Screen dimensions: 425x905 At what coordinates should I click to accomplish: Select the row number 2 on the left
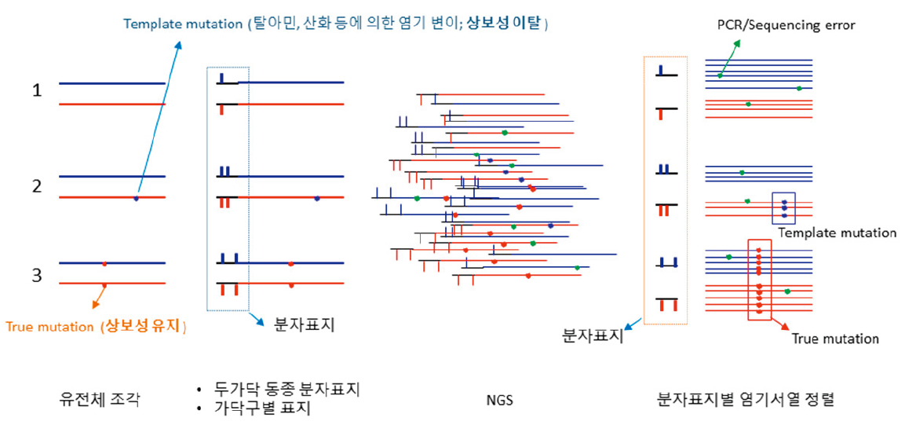pyautogui.click(x=37, y=187)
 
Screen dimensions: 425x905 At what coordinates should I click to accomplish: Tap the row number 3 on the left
pyautogui.click(x=37, y=276)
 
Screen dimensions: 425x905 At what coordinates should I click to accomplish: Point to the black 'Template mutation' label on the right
pyautogui.click(x=837, y=233)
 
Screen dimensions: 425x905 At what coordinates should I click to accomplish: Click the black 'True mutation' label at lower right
pyautogui.click(x=835, y=339)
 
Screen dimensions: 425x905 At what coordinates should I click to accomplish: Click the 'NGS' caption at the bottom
pyautogui.click(x=499, y=400)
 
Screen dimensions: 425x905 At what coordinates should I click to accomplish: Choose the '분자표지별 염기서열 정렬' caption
pyautogui.click(x=745, y=399)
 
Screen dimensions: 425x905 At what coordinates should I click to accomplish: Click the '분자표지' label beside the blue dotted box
pyautogui.click(x=304, y=324)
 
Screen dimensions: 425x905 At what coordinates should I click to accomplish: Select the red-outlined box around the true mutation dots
pyautogui.click(x=759, y=280)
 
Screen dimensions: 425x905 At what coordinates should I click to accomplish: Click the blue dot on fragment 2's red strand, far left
pyautogui.click(x=136, y=198)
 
